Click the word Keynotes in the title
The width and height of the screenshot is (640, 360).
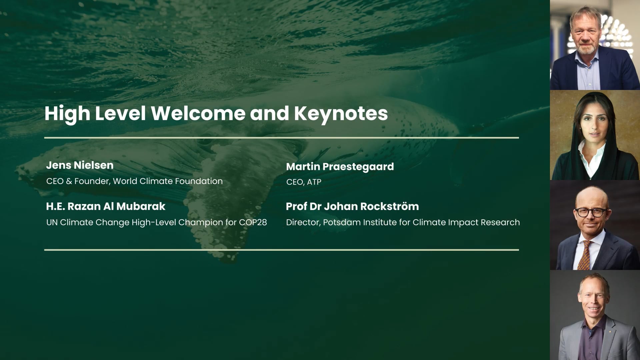(x=341, y=113)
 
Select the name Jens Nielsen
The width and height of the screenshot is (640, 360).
(x=80, y=165)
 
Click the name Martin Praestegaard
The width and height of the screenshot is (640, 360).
(x=340, y=167)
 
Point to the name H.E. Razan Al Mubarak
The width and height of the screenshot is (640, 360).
(x=106, y=207)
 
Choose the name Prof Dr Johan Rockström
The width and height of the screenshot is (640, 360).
(x=352, y=207)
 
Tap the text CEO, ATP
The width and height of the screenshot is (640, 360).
(x=304, y=182)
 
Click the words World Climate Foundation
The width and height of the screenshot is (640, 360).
(x=168, y=181)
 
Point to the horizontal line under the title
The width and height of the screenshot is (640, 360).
(x=281, y=138)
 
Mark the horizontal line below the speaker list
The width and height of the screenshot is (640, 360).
(x=281, y=250)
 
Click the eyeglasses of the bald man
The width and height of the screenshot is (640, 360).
(x=590, y=212)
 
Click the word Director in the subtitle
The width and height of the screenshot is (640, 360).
(x=303, y=222)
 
